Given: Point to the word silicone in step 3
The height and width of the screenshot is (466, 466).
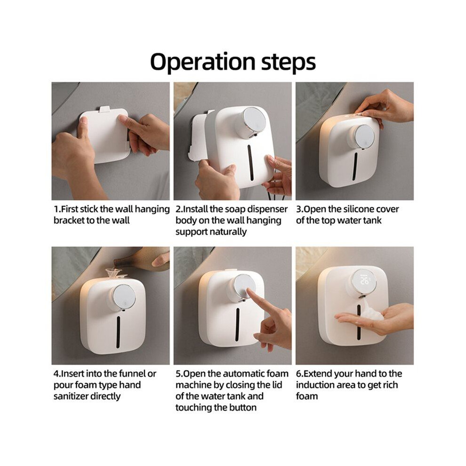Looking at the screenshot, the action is coord(358,209).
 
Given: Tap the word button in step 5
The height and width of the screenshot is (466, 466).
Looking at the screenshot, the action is coord(242,408).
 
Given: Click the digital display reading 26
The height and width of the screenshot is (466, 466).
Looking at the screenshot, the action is coord(364,281).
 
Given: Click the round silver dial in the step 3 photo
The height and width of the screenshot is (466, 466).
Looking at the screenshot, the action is coord(365,136).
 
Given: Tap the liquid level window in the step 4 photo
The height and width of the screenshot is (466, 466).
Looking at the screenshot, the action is coord(118,332).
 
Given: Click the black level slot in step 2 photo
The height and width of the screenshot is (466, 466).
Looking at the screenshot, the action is coord(250,162).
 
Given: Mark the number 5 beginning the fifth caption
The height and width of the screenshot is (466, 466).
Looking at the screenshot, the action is coord(178,374).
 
